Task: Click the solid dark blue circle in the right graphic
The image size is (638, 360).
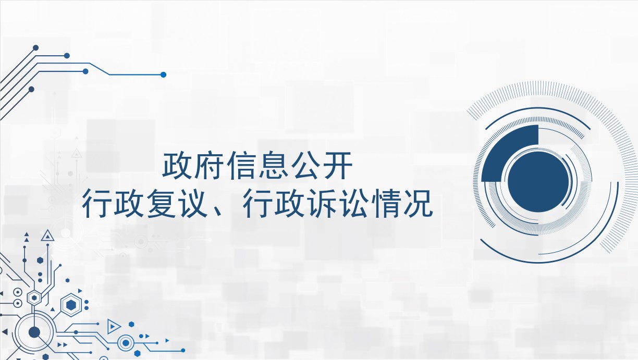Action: tap(538, 182)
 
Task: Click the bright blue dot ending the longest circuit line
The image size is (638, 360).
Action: tap(163, 75)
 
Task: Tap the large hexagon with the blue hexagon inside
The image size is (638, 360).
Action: tap(71, 305)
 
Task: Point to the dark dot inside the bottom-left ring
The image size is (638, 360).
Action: tap(34, 332)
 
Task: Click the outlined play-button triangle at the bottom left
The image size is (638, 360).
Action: tap(113, 327)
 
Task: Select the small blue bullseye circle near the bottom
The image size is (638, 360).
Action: tap(126, 343)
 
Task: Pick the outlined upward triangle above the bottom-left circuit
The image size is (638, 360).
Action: tap(47, 236)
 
